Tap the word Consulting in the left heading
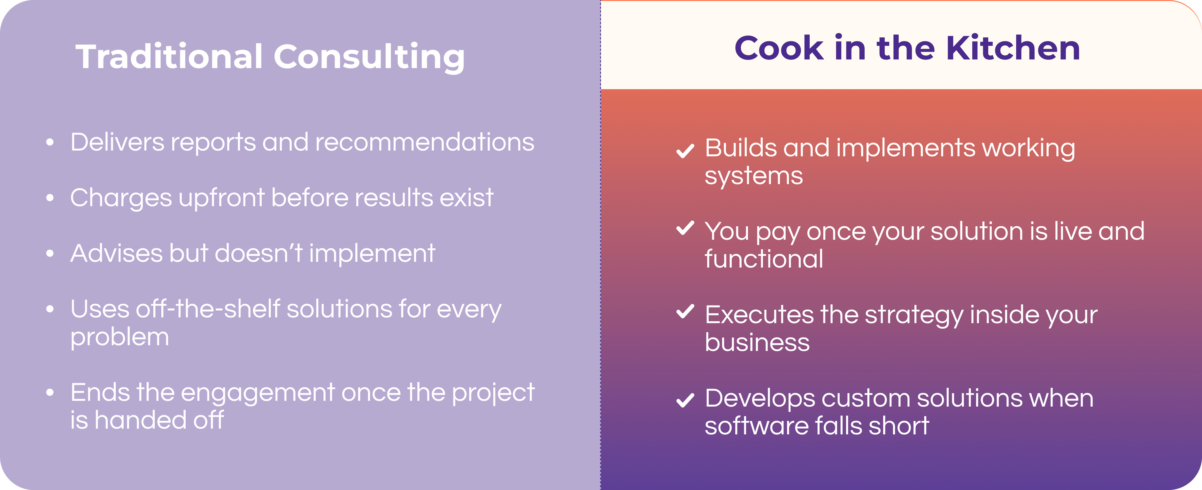tap(369, 58)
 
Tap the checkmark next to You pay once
tap(685, 228)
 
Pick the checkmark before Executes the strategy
tap(685, 311)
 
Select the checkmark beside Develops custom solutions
tap(685, 400)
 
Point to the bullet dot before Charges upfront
tap(50, 198)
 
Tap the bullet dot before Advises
tap(50, 253)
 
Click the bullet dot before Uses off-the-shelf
tap(50, 309)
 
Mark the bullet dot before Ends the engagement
tap(50, 393)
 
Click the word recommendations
tap(425, 142)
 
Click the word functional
tap(764, 259)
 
